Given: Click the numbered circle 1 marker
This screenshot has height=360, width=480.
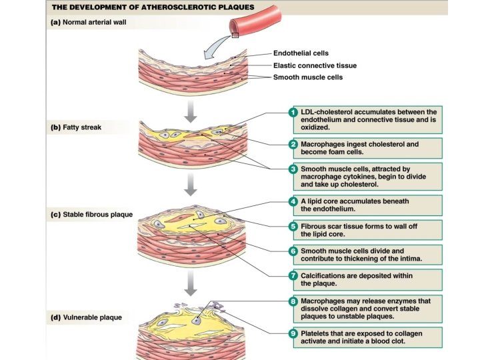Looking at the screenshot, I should pos(293,111).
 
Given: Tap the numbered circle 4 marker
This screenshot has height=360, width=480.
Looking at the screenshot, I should pos(293,201).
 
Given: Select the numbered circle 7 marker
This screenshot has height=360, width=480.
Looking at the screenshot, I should pos(293,275).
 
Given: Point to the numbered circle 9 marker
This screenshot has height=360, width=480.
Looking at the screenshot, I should pos(293,332).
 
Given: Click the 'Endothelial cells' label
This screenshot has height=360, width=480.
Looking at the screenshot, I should pos(301,53).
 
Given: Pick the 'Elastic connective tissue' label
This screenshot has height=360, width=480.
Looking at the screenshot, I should pos(315,65).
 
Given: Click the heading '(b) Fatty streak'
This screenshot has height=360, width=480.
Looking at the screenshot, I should pos(75,127).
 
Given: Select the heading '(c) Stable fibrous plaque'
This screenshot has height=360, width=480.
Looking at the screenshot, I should pos(92,215).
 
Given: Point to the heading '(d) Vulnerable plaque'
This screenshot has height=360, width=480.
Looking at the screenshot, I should pos(87,317).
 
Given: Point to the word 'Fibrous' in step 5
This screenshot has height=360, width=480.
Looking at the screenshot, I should pos(315,226).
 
